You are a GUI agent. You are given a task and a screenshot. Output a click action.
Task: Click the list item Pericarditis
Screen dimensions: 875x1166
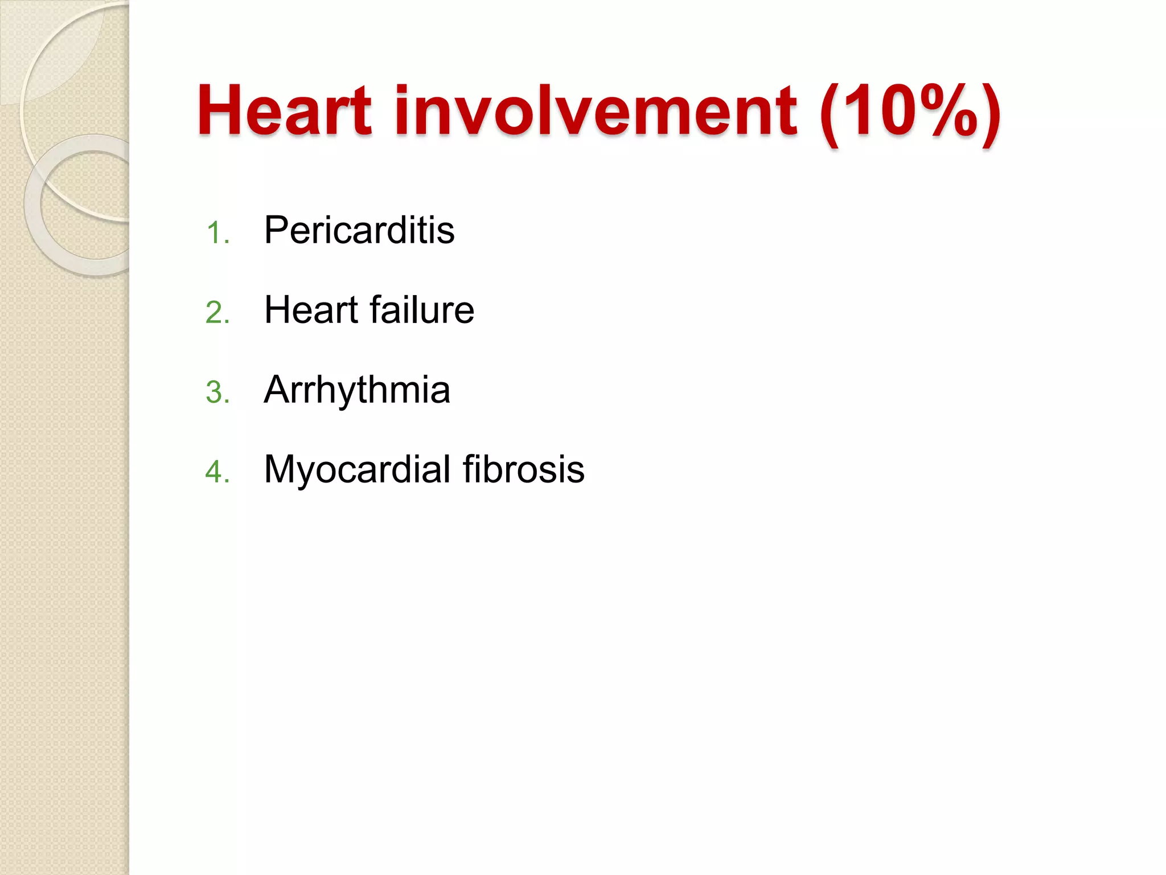click(x=359, y=230)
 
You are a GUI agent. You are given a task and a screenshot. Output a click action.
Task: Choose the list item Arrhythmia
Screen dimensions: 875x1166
click(x=357, y=391)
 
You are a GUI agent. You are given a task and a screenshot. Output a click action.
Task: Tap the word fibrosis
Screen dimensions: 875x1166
click(x=523, y=469)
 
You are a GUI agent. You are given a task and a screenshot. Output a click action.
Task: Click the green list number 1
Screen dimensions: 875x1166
click(x=217, y=233)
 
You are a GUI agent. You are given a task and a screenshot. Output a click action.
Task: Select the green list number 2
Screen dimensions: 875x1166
click(x=217, y=313)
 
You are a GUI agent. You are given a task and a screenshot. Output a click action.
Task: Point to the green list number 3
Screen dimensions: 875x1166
click(x=217, y=392)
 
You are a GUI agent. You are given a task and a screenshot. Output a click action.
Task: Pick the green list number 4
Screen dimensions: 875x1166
click(x=217, y=472)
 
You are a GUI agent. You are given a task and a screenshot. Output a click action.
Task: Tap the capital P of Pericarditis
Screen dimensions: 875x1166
click(x=277, y=230)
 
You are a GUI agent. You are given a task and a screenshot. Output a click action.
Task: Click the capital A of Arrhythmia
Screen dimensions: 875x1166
click(x=277, y=390)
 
